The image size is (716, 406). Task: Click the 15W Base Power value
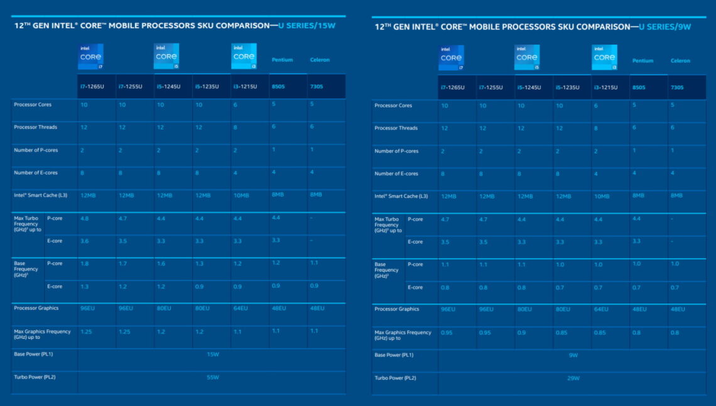click(212, 354)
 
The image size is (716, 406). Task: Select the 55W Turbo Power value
click(212, 377)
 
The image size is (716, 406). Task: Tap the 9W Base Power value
click(573, 355)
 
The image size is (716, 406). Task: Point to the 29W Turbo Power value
click(573, 378)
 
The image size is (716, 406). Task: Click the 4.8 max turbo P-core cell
click(84, 218)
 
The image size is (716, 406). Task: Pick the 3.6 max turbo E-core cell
click(84, 240)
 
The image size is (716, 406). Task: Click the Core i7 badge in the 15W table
click(90, 57)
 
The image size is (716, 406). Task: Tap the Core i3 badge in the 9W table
click(604, 57)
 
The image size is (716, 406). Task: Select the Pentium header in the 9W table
click(643, 61)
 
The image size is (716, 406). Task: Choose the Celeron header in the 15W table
click(320, 60)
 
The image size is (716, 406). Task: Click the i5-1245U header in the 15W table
click(168, 87)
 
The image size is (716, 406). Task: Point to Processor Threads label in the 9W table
click(396, 128)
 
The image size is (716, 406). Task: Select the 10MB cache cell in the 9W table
click(601, 196)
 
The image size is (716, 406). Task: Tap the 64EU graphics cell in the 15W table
click(240, 309)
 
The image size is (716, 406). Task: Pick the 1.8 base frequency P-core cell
click(84, 263)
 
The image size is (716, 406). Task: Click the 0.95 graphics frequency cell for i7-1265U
click(448, 332)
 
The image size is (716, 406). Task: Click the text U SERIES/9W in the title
click(665, 27)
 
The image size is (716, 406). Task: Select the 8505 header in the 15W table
click(279, 87)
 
